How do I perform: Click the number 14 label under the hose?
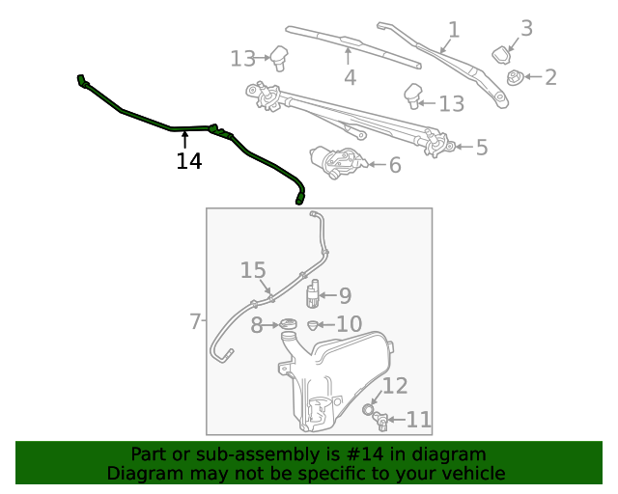189,161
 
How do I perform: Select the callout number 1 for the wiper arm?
454,30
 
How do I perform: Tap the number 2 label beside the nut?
526,28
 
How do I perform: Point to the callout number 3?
350,77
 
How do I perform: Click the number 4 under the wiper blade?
481,148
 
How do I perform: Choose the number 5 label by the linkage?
394,165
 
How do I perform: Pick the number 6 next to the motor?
195,320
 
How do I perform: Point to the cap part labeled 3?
503,54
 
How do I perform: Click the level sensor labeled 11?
384,420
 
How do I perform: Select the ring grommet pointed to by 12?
369,410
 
